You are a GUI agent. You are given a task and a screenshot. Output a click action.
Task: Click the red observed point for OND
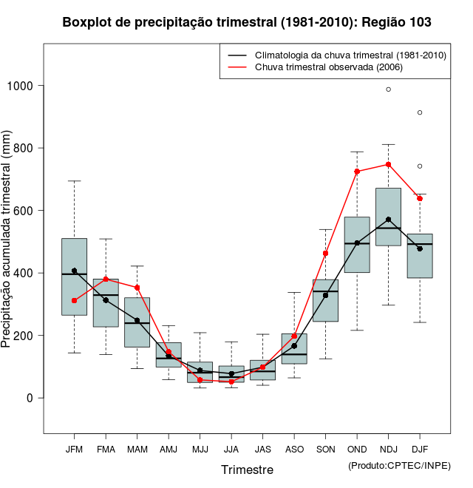(x=357, y=172)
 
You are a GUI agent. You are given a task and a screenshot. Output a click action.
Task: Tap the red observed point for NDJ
(x=388, y=164)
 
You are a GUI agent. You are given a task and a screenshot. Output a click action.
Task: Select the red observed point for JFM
(x=74, y=300)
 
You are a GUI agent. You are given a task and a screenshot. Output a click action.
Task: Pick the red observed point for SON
(x=325, y=254)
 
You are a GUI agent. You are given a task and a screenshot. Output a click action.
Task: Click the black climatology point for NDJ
(x=388, y=220)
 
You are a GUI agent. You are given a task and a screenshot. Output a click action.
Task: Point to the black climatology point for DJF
(x=420, y=248)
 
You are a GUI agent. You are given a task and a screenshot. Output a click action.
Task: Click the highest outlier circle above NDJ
(x=388, y=89)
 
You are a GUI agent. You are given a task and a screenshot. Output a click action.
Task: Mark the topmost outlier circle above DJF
(x=420, y=112)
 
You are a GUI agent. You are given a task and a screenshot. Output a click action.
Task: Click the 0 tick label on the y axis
(x=31, y=398)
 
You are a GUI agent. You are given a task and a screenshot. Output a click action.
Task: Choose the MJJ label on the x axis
(x=200, y=450)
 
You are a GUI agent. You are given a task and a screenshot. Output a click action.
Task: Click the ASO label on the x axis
(x=294, y=450)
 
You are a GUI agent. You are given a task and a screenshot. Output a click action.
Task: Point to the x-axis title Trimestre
(x=247, y=470)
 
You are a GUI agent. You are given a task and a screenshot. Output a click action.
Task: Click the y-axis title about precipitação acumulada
(x=7, y=240)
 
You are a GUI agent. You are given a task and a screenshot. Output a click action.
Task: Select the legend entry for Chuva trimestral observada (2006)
(x=329, y=67)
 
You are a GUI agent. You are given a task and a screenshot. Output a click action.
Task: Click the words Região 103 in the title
(x=397, y=23)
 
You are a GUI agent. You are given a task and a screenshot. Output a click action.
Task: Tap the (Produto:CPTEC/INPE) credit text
(x=399, y=465)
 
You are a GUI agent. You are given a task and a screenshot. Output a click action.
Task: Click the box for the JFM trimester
(x=74, y=277)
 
